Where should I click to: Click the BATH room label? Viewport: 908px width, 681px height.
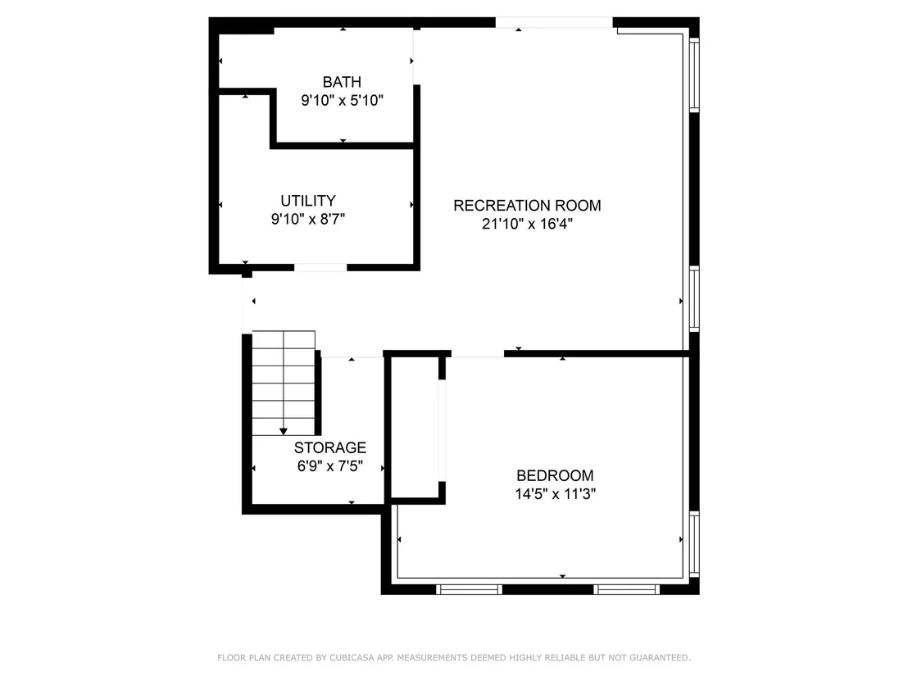click(342, 82)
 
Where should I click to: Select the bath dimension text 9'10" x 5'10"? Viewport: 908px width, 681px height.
click(342, 100)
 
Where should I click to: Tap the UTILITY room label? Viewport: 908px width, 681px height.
click(308, 200)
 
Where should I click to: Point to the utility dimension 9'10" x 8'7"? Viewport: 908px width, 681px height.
click(308, 219)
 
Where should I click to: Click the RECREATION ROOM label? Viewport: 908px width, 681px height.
click(527, 205)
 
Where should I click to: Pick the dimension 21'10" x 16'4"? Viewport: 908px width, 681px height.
click(527, 224)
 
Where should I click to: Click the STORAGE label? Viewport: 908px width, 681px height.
click(330, 447)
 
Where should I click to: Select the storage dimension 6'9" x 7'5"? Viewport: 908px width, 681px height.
click(330, 466)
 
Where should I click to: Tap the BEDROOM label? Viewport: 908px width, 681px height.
click(555, 475)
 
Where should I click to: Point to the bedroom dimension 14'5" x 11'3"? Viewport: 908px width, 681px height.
click(556, 494)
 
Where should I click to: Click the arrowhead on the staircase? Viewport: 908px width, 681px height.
click(284, 431)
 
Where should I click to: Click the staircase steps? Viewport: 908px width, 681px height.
click(284, 383)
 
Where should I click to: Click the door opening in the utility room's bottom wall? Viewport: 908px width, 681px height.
click(320, 267)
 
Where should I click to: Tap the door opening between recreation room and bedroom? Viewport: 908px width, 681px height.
click(478, 354)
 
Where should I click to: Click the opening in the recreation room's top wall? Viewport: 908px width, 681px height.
click(554, 23)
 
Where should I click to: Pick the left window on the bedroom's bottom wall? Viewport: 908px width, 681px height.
click(469, 589)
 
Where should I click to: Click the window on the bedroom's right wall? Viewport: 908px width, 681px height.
click(694, 544)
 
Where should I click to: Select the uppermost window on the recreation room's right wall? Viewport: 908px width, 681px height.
click(694, 74)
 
